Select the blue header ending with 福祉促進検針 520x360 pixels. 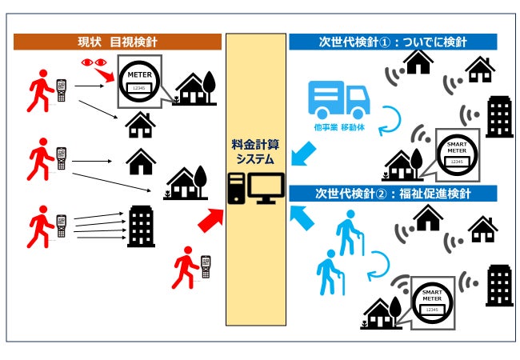click(x=393, y=194)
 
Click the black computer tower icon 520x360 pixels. click(x=238, y=190)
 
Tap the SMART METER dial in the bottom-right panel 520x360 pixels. click(x=433, y=298)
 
